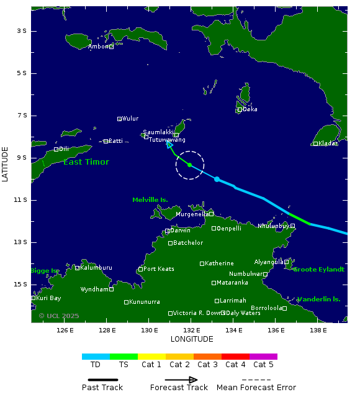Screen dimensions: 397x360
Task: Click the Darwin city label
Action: pyautogui.click(x=180, y=230)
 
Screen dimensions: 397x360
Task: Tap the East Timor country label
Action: pyautogui.click(x=86, y=162)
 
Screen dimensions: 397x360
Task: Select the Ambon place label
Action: pyautogui.click(x=98, y=47)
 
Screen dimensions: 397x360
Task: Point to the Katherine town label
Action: pyautogui.click(x=219, y=263)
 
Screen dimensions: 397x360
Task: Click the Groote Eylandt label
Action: pyautogui.click(x=318, y=270)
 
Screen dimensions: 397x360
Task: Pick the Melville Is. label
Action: pyautogui.click(x=150, y=200)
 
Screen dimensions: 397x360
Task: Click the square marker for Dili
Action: pyautogui.click(x=56, y=149)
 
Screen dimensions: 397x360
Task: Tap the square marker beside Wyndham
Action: pyautogui.click(x=111, y=290)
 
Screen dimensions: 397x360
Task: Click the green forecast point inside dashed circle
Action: pyautogui.click(x=189, y=165)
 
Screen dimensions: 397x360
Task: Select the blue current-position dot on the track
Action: pyautogui.click(x=217, y=179)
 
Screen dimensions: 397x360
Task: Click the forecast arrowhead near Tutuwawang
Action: pyautogui.click(x=169, y=144)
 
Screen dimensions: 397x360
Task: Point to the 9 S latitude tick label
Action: pyautogui.click(x=20, y=158)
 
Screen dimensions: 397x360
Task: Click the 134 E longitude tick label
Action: pyautogui.click(x=233, y=330)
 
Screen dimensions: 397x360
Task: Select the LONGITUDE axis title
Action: pyautogui.click(x=192, y=339)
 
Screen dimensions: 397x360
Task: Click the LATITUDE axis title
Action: pyautogui.click(x=6, y=164)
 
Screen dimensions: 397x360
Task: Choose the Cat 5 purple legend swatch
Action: pyautogui.click(x=263, y=357)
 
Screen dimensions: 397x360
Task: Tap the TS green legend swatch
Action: pyautogui.click(x=124, y=357)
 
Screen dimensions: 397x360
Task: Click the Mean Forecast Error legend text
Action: pyautogui.click(x=256, y=388)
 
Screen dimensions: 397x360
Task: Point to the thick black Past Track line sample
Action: pyautogui.click(x=102, y=380)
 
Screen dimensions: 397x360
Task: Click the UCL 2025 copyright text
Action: pyautogui.click(x=59, y=316)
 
